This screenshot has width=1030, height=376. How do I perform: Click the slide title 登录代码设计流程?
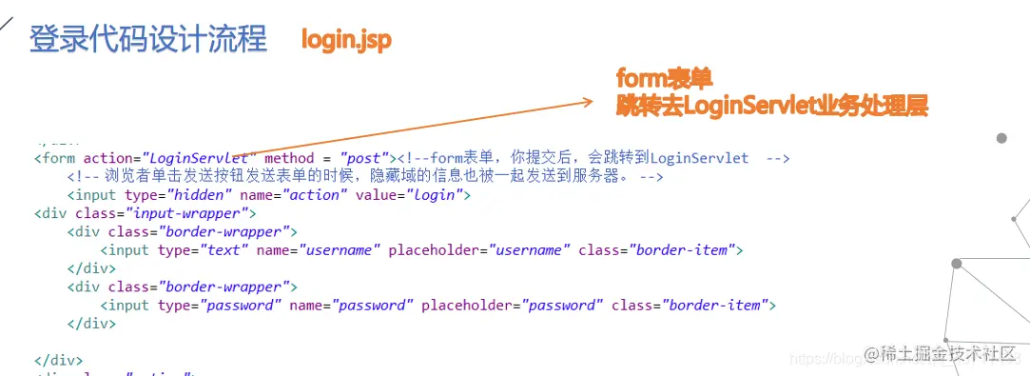148,40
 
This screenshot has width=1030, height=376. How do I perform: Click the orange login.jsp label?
346,40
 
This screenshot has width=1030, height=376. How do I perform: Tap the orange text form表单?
664,78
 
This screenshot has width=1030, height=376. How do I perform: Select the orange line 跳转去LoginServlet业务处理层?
771,106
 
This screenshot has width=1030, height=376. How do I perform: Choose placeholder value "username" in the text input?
529,250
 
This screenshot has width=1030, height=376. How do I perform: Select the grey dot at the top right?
1001,138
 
